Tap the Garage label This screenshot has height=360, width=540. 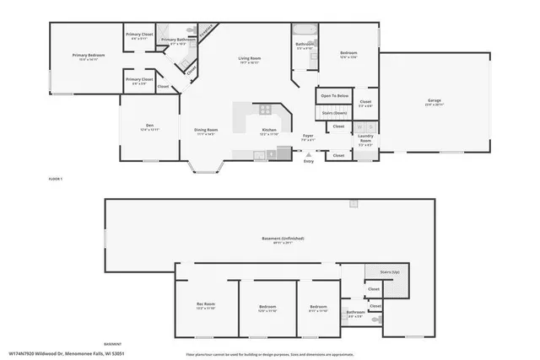pyautogui.click(x=434, y=100)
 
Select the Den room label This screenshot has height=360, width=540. pyautogui.click(x=148, y=125)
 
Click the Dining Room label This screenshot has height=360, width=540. pyautogui.click(x=205, y=130)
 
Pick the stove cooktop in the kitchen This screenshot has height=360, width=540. pyautogui.click(x=265, y=109)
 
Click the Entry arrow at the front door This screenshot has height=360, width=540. pyautogui.click(x=308, y=155)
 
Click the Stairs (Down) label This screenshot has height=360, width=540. pyautogui.click(x=334, y=111)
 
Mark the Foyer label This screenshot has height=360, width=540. pyautogui.click(x=309, y=136)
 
